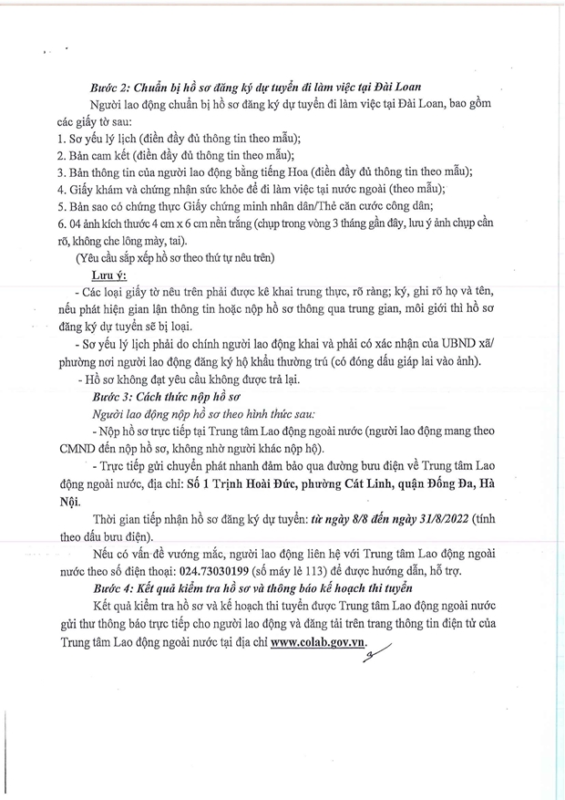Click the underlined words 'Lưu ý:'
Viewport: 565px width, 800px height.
click(109, 275)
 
